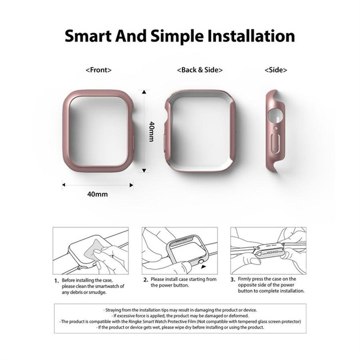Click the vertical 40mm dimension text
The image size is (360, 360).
[152, 131]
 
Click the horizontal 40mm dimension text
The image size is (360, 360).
[97, 194]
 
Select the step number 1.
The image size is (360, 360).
[56, 280]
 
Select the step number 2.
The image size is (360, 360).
[145, 280]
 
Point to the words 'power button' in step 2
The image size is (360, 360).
[173, 286]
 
